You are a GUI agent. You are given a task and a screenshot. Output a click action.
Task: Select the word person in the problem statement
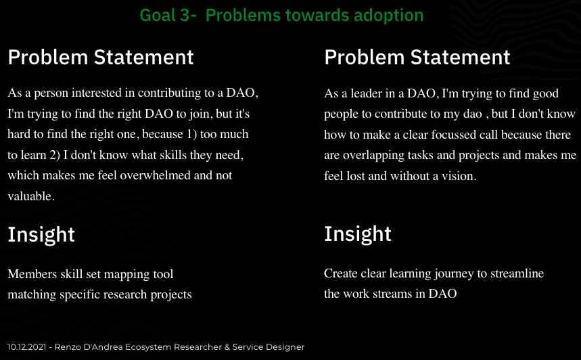pyautogui.click(x=51, y=93)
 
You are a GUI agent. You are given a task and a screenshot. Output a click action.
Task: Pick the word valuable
pyautogui.click(x=31, y=196)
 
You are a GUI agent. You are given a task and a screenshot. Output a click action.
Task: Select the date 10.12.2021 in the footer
pyautogui.click(x=26, y=347)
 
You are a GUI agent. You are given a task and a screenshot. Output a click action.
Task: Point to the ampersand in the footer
pyautogui.click(x=227, y=347)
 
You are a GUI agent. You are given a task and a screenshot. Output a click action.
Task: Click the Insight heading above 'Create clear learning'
pyautogui.click(x=358, y=234)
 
